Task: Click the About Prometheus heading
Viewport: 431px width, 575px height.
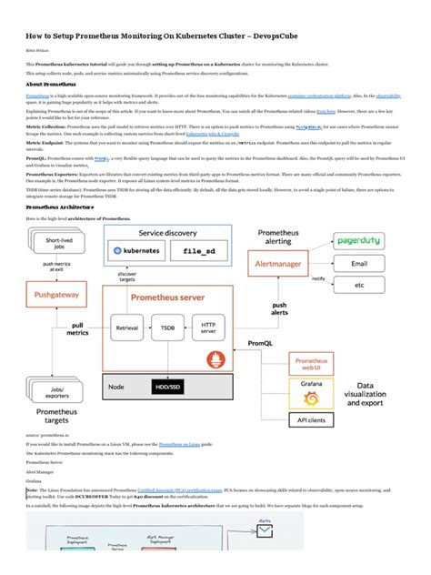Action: coord(50,83)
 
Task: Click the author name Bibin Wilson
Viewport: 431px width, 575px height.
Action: coord(36,51)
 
